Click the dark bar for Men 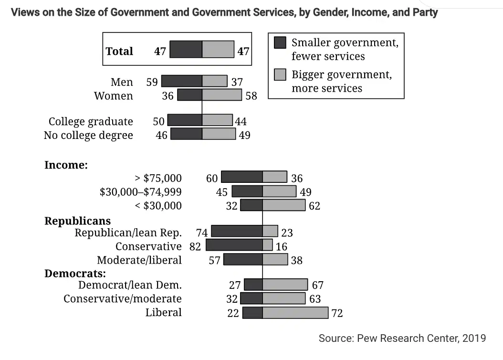[181, 81]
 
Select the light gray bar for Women [222, 95]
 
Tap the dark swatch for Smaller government [280, 42]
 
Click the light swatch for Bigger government [280, 74]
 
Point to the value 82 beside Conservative [195, 246]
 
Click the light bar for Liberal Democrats [295, 313]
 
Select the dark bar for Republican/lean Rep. [237, 231]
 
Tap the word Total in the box [119, 51]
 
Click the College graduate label [91, 121]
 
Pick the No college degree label [89, 135]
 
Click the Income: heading [66, 165]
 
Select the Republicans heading [78, 221]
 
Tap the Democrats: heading [75, 273]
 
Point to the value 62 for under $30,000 [314, 206]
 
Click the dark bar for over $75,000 [242, 177]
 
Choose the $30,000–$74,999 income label [140, 192]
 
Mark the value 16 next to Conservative [282, 246]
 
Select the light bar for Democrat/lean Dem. [285, 285]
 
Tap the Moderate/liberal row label [139, 260]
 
